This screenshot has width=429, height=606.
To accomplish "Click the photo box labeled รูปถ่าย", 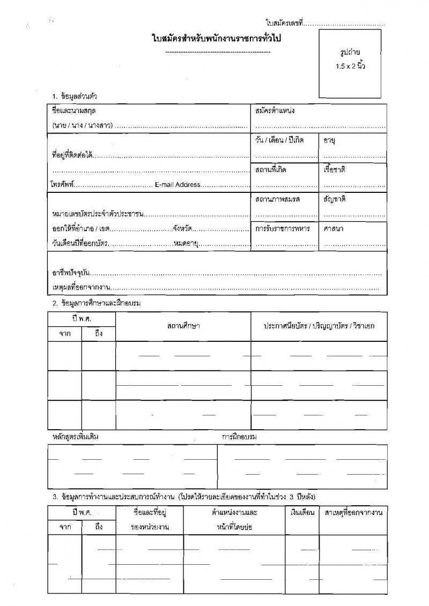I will click(350, 62).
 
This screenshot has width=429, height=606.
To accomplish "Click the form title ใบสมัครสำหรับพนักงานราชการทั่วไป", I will click(218, 39).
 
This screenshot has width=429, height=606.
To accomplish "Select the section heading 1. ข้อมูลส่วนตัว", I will click(75, 96).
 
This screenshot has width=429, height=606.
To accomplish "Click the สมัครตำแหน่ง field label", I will click(275, 110).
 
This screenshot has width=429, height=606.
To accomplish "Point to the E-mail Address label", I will click(177, 184).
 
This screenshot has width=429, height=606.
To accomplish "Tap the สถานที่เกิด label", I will click(271, 169).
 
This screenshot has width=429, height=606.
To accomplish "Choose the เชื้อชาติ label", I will click(334, 169).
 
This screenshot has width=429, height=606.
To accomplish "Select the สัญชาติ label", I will click(334, 199).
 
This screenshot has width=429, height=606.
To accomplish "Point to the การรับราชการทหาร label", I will click(283, 228).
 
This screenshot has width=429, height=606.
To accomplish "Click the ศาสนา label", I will click(334, 228).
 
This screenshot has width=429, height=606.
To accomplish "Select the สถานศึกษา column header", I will click(183, 326).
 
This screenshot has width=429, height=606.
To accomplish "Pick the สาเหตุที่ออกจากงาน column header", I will click(353, 513).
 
